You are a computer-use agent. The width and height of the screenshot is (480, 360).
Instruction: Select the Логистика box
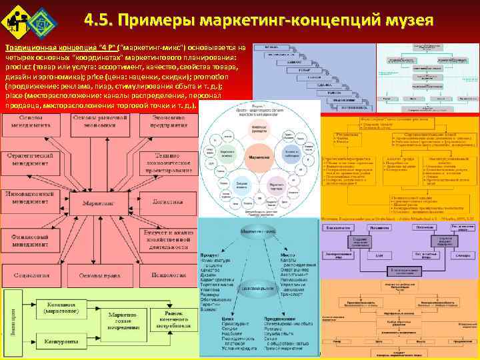(167, 201)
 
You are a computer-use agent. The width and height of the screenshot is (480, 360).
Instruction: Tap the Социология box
(26, 274)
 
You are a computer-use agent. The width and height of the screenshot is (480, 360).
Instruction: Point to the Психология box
(167, 274)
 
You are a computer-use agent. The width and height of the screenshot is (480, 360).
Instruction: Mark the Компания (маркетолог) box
(65, 308)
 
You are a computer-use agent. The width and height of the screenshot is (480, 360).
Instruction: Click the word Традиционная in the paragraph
(25, 48)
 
